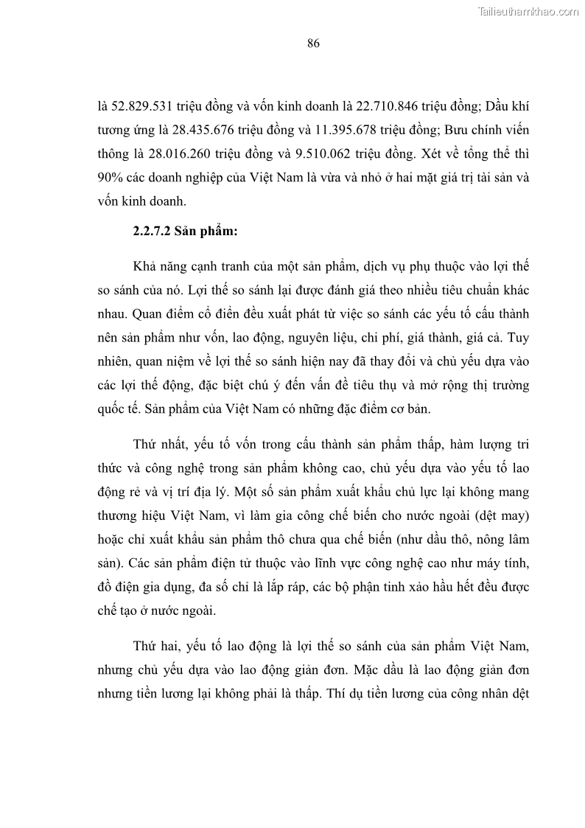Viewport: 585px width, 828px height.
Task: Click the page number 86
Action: coord(312,44)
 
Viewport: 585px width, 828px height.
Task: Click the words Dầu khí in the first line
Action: coord(508,106)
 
